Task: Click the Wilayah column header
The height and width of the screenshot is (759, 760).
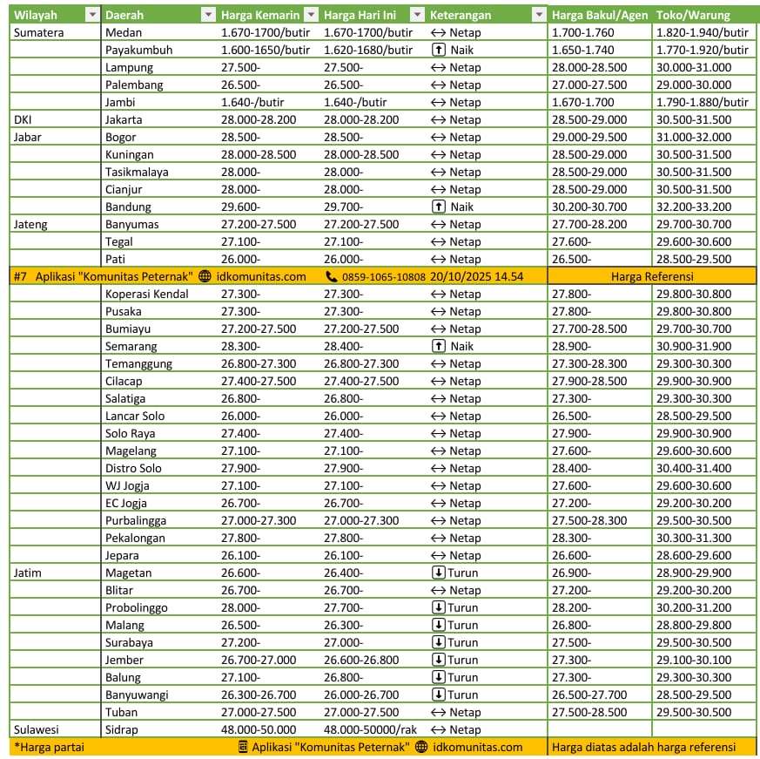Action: click(36, 15)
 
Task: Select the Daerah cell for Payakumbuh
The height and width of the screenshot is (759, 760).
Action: click(138, 50)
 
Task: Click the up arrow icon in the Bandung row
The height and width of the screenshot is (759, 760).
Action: click(439, 207)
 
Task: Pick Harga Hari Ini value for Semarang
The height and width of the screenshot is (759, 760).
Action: click(343, 346)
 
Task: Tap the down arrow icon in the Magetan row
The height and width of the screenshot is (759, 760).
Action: click(439, 573)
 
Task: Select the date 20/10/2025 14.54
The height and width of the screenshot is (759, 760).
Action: click(476, 276)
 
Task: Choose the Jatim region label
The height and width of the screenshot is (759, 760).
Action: click(28, 573)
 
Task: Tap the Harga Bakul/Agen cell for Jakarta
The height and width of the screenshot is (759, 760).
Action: click(588, 119)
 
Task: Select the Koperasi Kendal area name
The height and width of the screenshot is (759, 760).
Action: click(146, 294)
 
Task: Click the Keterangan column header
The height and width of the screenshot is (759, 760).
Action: click(461, 15)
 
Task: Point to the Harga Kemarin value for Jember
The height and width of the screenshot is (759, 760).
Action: click(258, 660)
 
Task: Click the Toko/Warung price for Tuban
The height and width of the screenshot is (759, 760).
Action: click(693, 712)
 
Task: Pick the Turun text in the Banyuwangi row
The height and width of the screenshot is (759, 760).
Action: click(463, 695)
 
